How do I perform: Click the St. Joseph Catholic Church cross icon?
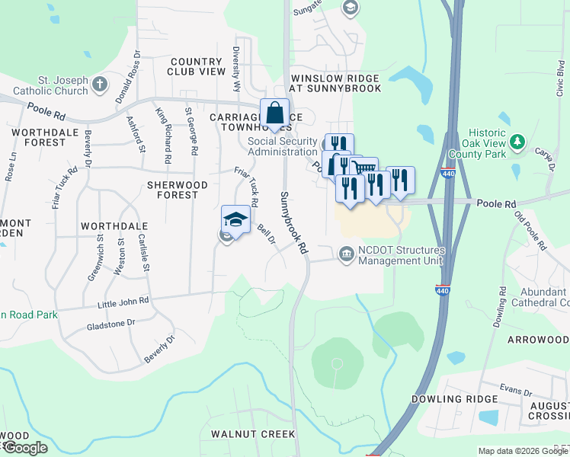point(100,84)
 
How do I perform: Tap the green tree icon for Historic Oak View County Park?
point(517,142)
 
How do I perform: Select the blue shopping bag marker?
point(275,113)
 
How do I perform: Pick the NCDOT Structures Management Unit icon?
point(347,253)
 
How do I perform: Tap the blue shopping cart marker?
point(365,170)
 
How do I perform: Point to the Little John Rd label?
point(123,302)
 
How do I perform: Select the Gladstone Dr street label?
point(110,323)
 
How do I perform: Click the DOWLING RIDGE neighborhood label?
point(449,399)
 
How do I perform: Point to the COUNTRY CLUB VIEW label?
point(197,66)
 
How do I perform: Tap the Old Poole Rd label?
point(530,231)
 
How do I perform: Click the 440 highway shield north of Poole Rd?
point(447,174)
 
